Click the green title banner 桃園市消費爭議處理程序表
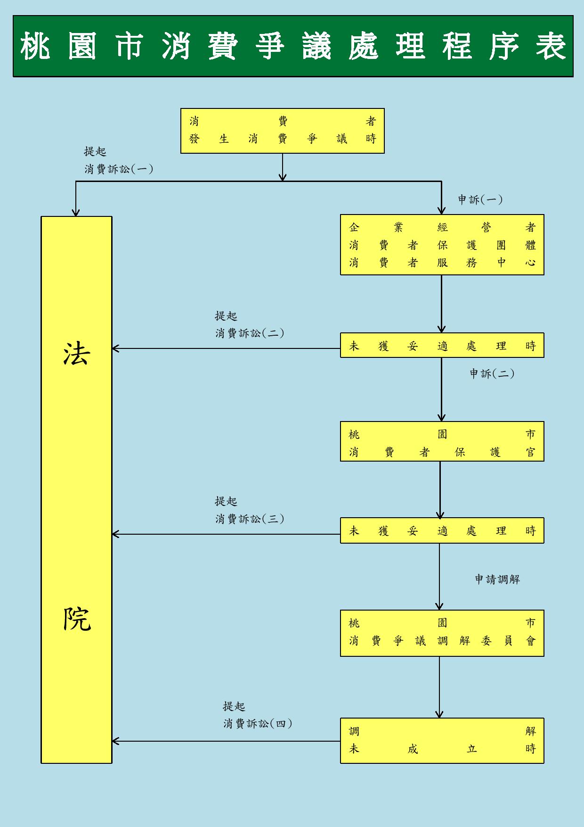coord(292,46)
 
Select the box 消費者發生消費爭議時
coord(282,131)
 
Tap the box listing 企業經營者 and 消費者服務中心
coord(442,245)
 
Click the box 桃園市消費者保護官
coord(442,441)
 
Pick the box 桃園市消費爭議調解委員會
coord(442,633)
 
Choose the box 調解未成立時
coord(442,740)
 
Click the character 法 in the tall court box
coord(76,354)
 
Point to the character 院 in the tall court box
coord(76,619)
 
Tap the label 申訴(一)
coord(480,200)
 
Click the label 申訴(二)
coord(492,374)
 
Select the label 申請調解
coord(497,579)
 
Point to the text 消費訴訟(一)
coord(119,169)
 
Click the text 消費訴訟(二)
coord(250,333)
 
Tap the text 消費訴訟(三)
coord(250,519)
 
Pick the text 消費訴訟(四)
coord(258,724)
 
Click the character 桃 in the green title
coord(35,46)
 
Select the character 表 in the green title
coord(551,46)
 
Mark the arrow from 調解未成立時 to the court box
coord(226,741)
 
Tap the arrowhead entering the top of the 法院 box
coord(76,212)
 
